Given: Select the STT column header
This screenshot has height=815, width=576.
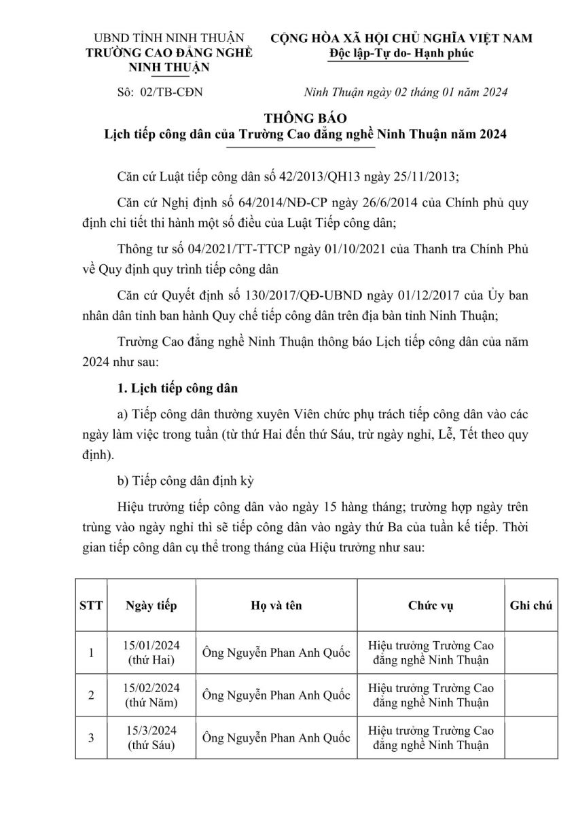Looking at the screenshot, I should coord(91,604).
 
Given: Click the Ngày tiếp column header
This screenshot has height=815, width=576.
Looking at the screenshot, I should coord(151,604).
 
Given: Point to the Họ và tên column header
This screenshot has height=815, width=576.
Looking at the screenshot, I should coord(275,604).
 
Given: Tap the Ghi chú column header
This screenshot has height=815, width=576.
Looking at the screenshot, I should coord(530,604).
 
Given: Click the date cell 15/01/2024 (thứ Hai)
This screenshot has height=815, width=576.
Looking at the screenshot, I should coord(151,653).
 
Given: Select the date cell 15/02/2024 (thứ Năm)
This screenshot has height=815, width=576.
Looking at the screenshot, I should coord(151,695).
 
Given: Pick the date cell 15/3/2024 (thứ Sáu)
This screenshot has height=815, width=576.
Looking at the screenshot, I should coord(151,738).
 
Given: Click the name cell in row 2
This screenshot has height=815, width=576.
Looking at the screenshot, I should coord(275,695).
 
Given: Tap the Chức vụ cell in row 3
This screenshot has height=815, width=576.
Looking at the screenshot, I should coord(430,738).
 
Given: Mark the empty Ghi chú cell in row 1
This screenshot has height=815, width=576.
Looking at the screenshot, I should coord(530,653).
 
